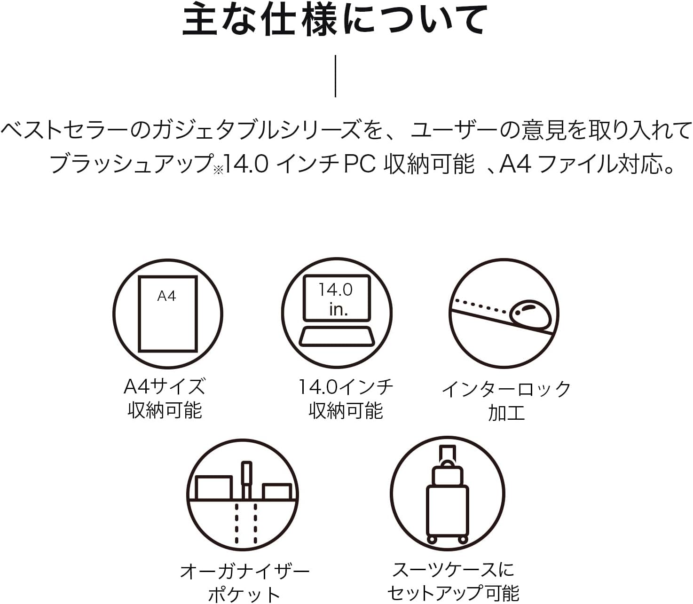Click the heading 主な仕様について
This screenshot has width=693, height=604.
coord(335,21)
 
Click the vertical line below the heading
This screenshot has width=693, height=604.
coord(335,76)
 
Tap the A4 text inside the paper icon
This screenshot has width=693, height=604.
coord(166,296)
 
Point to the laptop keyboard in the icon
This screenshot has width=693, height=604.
coord(337,337)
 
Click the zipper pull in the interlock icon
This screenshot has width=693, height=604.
coord(530,315)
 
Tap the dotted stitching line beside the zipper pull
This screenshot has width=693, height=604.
coord(480,306)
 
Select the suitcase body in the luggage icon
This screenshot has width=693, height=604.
coord(447,511)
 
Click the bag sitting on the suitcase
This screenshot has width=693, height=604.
coord(448,474)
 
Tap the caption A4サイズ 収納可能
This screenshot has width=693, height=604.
coord(165,399)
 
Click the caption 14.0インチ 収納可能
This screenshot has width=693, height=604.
coord(346,399)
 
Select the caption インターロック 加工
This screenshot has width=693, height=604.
coord(506,401)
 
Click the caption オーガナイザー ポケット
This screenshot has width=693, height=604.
coord(244,583)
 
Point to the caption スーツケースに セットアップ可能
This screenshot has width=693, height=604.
coord(453,581)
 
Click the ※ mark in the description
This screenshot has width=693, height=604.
coord(218,171)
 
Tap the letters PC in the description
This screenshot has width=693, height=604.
coord(360,165)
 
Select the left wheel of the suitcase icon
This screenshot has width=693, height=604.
coord(432,540)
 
